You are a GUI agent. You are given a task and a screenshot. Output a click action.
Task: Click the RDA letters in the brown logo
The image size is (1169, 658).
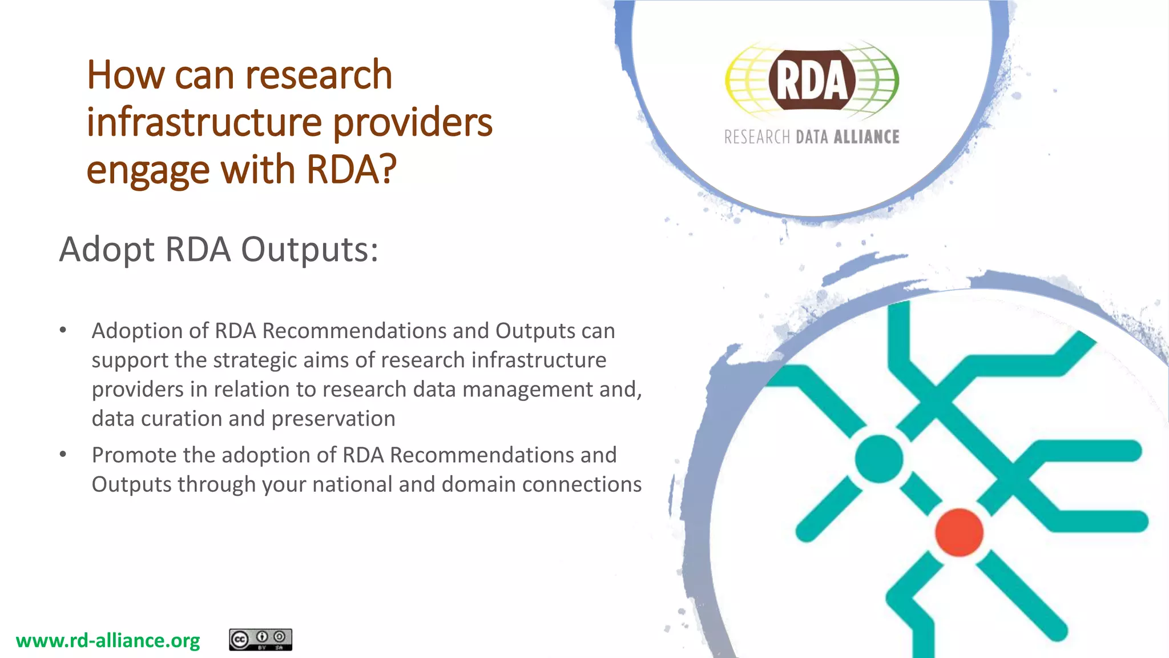pos(811,81)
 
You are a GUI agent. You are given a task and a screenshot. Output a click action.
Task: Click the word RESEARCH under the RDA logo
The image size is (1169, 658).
pos(757,137)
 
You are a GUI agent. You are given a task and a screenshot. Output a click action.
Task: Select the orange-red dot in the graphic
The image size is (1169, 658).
pos(959,532)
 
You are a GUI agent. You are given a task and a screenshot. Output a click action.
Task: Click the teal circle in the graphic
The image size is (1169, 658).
pos(879,459)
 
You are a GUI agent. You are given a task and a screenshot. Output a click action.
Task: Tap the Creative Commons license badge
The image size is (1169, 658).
pos(260,639)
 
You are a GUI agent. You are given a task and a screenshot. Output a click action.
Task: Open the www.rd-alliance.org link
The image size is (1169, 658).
pos(108,640)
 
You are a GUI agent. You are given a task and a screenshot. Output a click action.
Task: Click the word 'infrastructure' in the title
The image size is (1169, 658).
pos(204,122)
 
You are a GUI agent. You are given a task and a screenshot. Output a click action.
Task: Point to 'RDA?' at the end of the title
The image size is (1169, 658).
pos(351,170)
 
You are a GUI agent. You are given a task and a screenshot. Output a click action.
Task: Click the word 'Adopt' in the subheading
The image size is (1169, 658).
pos(107,250)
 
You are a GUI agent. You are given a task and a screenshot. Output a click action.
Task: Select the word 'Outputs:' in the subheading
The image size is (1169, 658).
pos(309,250)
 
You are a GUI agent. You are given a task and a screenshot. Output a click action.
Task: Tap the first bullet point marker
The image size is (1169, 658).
pos(63,330)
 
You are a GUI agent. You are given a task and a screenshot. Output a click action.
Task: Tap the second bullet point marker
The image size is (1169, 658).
pos(63,455)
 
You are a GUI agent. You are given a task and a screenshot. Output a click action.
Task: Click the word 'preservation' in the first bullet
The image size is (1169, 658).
pos(333,419)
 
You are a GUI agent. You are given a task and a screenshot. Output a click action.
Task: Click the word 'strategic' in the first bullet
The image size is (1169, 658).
pos(255,360)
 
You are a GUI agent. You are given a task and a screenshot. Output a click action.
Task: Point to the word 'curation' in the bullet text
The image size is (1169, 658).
pos(182,419)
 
